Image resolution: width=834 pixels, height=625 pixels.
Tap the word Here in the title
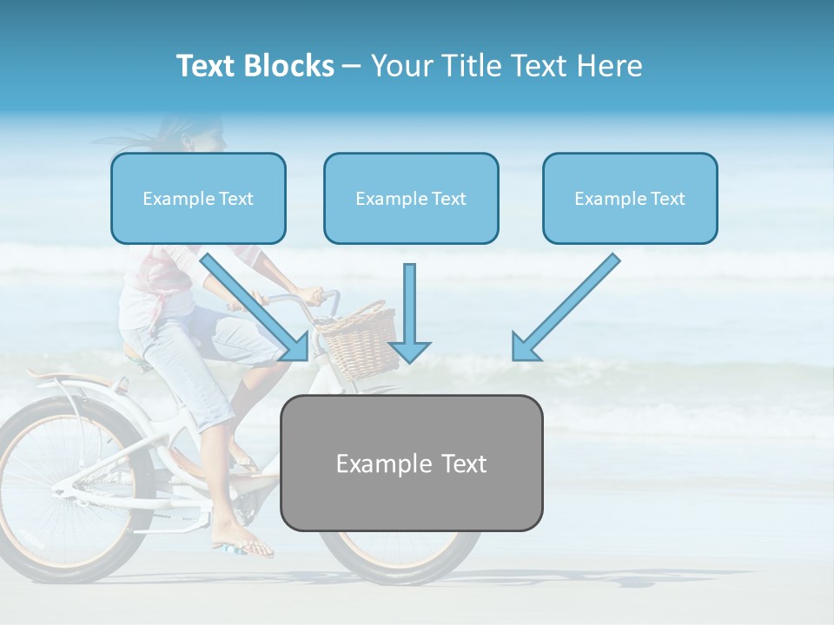click(x=609, y=66)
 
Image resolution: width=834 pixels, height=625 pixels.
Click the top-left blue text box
click(x=198, y=199)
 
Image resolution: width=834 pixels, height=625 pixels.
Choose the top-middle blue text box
click(x=411, y=199)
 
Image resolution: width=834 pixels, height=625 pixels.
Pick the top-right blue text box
click(x=630, y=199)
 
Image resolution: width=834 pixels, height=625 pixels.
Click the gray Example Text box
click(x=411, y=463)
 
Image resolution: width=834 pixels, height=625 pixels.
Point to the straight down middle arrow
click(x=409, y=313)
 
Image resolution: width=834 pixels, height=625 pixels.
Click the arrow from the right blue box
click(x=566, y=307)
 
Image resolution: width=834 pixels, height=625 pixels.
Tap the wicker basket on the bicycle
click(x=359, y=343)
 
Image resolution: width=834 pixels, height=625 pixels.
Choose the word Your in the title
click(x=400, y=66)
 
